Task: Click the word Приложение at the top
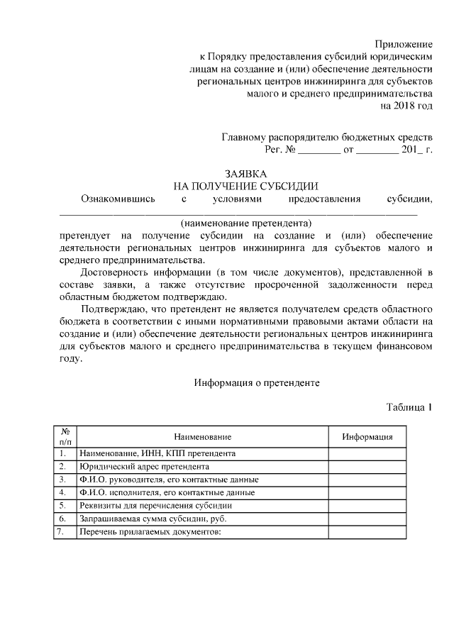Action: coord(403,45)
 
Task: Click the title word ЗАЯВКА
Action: coord(246,173)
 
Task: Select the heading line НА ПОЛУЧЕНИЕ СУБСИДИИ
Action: coord(246,186)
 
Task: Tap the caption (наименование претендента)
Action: coord(246,221)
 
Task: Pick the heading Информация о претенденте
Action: coord(257,382)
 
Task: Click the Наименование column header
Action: coord(202,436)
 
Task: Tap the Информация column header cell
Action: coord(368,436)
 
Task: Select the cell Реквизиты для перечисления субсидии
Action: coord(156,505)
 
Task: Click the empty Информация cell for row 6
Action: coord(368,519)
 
